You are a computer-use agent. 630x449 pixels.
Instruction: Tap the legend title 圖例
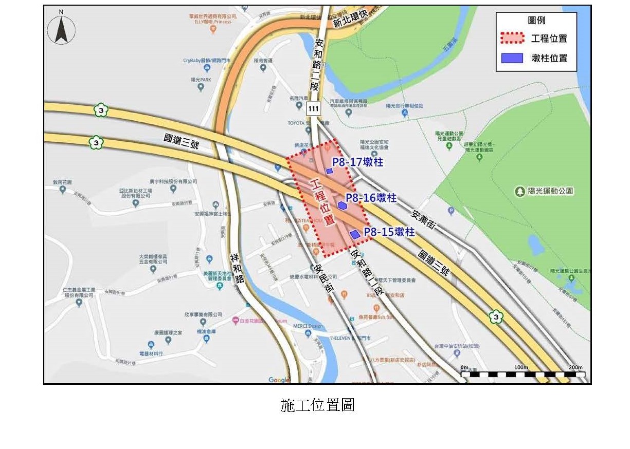pos(536,21)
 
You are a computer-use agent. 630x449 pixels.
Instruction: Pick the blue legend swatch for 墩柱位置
pos(512,58)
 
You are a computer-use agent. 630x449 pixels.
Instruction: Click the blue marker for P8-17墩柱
pos(329,171)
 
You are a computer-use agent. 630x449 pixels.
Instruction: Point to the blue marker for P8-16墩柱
pos(343,205)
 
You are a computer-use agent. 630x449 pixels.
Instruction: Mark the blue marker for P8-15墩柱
pos(355,234)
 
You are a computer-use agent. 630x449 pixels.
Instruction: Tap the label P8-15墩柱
pos(389,232)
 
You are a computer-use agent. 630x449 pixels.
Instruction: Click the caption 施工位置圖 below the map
pos(317,405)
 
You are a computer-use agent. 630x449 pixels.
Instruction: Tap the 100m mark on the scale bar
pos(521,367)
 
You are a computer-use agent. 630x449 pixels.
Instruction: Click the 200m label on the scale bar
pos(575,367)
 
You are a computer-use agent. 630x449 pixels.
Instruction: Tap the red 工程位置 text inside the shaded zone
pos(323,201)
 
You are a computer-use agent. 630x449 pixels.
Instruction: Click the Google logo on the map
pos(279,380)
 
